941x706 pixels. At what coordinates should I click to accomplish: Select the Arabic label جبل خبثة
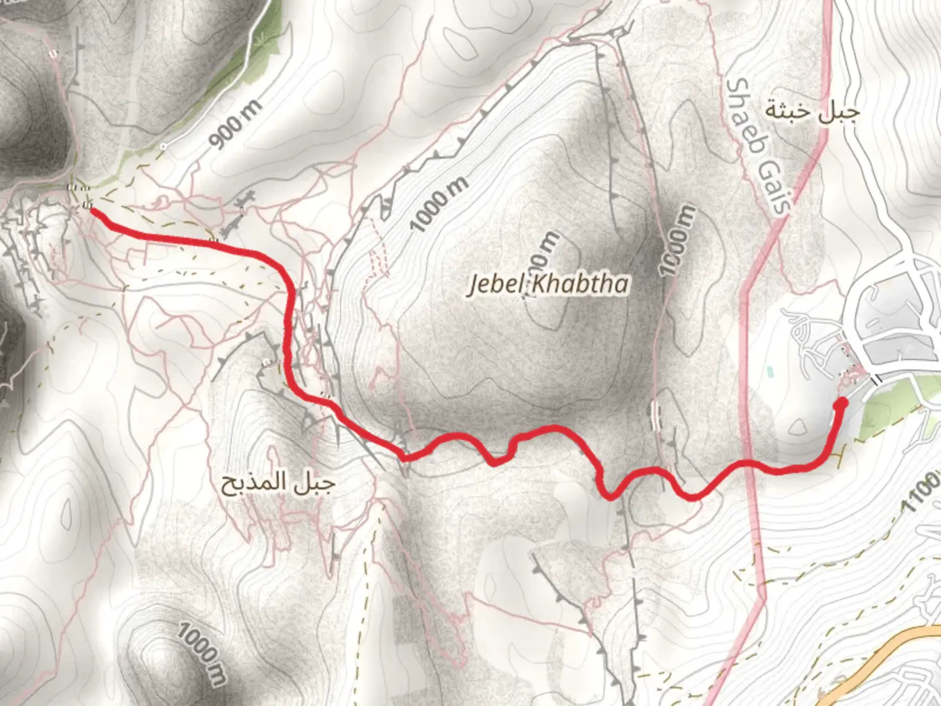812,111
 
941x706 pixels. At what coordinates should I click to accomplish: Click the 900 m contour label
236,124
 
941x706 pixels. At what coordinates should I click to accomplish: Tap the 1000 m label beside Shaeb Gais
677,240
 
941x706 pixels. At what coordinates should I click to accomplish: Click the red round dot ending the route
841,403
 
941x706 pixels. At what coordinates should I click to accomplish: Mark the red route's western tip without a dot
91,210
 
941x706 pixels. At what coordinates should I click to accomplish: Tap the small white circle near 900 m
164,146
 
